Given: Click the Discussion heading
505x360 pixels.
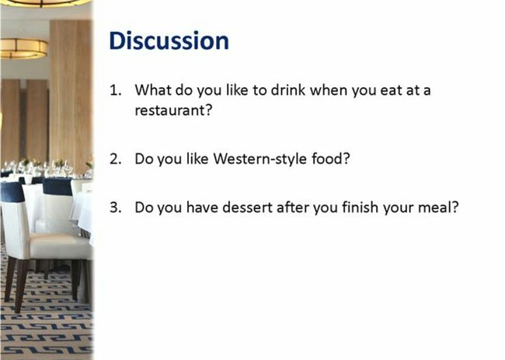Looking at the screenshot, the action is pyautogui.click(x=169, y=41).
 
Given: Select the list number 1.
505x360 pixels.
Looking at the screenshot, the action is pyautogui.click(x=116, y=90).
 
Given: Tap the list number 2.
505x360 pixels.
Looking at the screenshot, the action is pyautogui.click(x=116, y=159).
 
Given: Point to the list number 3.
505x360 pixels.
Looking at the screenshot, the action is pyautogui.click(x=116, y=208).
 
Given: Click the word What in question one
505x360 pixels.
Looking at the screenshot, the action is pyautogui.click(x=152, y=90).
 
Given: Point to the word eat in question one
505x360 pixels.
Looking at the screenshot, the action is pyautogui.click(x=391, y=90).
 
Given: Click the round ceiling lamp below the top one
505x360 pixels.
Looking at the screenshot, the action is pyautogui.click(x=23, y=49).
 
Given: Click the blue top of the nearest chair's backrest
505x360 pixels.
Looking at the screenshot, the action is pyautogui.click(x=12, y=192).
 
